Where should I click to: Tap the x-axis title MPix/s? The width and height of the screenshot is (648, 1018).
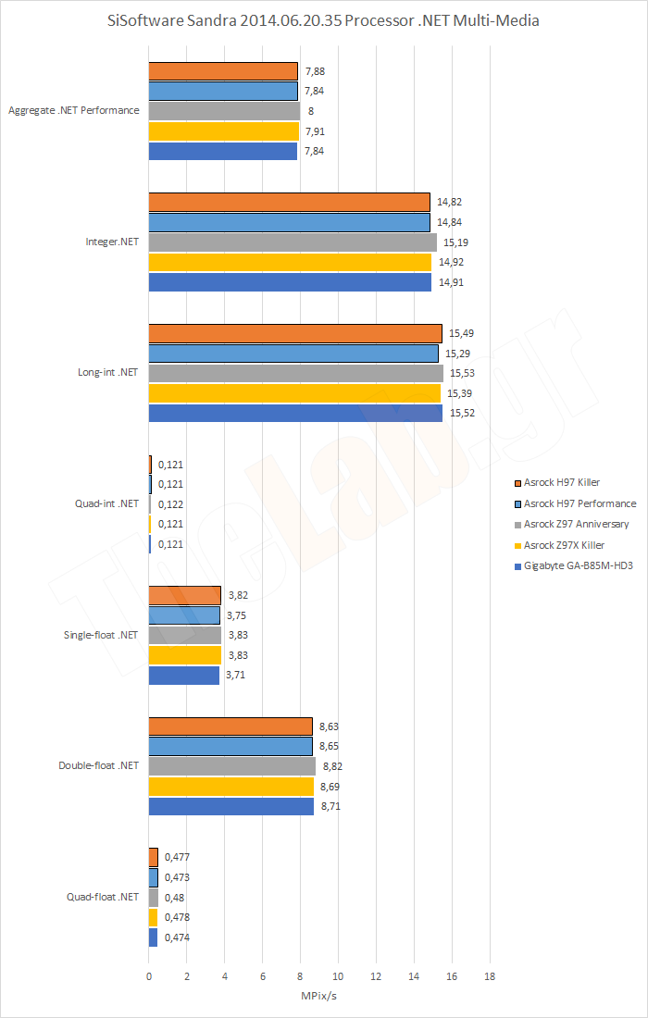[318, 996]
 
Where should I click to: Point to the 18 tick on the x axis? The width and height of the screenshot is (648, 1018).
[490, 975]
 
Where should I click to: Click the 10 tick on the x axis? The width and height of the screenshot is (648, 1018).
[338, 975]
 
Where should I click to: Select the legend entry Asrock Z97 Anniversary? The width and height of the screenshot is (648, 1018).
[576, 524]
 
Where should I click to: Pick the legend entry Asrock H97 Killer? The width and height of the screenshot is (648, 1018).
[563, 482]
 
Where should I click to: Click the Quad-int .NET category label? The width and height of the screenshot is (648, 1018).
[106, 503]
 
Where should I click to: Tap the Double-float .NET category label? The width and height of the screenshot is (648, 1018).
[98, 765]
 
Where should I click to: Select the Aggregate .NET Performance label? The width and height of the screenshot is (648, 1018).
[74, 110]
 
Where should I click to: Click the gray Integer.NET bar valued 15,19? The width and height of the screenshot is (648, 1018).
[293, 242]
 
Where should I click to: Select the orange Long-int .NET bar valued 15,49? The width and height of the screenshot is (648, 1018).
[295, 333]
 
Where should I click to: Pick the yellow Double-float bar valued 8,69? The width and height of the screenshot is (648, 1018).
[231, 786]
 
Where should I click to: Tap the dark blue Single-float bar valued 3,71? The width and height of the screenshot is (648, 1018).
[184, 675]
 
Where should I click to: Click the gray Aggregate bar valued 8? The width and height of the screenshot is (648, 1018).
[224, 110]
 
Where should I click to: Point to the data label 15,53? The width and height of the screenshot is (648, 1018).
[461, 373]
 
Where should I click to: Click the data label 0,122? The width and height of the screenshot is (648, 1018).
[170, 504]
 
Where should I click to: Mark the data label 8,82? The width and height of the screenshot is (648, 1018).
[335, 766]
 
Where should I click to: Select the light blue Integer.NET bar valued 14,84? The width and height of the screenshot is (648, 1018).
[289, 222]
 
